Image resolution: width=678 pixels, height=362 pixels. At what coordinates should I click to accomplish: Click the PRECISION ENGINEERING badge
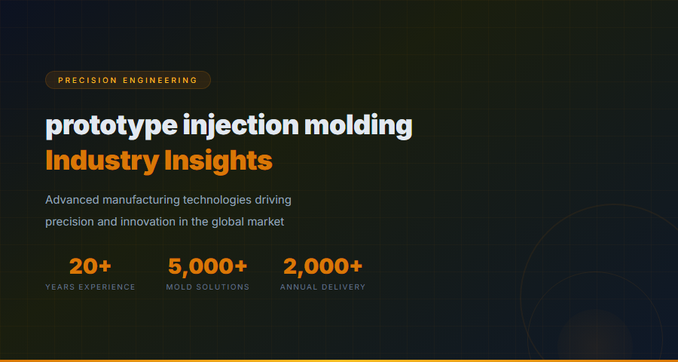pyautogui.click(x=127, y=80)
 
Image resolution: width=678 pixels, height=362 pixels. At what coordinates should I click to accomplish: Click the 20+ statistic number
pyautogui.click(x=90, y=266)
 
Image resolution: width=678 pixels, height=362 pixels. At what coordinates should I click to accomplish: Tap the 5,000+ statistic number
pyautogui.click(x=208, y=266)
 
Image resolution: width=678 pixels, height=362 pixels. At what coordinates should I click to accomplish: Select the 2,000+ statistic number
pyautogui.click(x=322, y=266)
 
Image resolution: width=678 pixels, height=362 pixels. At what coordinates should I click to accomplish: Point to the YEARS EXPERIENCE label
pyautogui.click(x=90, y=287)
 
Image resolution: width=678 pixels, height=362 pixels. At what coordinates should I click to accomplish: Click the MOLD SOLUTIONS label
pyautogui.click(x=208, y=287)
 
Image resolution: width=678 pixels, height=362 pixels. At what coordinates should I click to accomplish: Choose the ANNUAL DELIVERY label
pyautogui.click(x=322, y=287)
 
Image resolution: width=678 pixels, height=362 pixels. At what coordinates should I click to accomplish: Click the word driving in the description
pyautogui.click(x=273, y=200)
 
